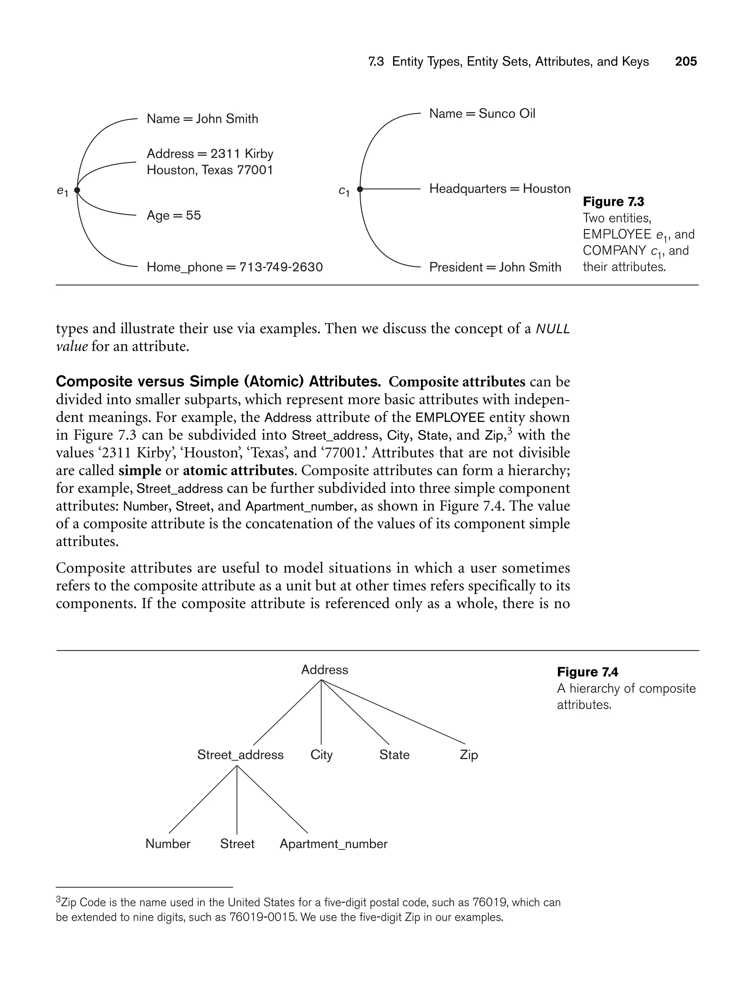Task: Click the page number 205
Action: click(x=686, y=61)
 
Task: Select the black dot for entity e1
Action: click(x=77, y=190)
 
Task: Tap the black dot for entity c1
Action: click(x=359, y=189)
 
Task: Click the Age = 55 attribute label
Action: click(x=174, y=215)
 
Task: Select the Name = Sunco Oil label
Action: click(x=482, y=113)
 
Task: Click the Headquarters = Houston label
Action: click(x=500, y=188)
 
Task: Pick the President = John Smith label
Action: click(x=495, y=267)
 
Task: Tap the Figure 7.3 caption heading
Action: click(x=613, y=202)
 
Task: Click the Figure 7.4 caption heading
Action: click(x=588, y=672)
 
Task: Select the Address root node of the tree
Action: click(x=324, y=670)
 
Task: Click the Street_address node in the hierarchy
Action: click(x=240, y=755)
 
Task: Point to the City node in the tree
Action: click(x=321, y=755)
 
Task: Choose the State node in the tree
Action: click(x=394, y=755)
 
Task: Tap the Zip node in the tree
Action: click(x=469, y=755)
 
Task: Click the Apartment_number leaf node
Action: click(x=334, y=844)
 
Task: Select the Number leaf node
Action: click(x=168, y=844)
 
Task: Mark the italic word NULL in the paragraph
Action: click(x=553, y=329)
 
